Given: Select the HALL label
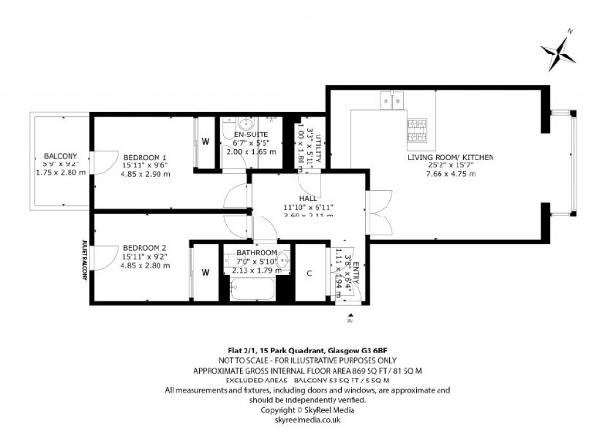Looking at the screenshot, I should tap(308, 199).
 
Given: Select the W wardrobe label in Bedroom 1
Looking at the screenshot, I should tap(205, 142).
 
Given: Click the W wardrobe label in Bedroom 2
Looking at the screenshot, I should tap(205, 273).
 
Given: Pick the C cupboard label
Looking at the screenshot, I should tap(309, 273).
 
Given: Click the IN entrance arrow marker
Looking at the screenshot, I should tap(350, 316).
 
